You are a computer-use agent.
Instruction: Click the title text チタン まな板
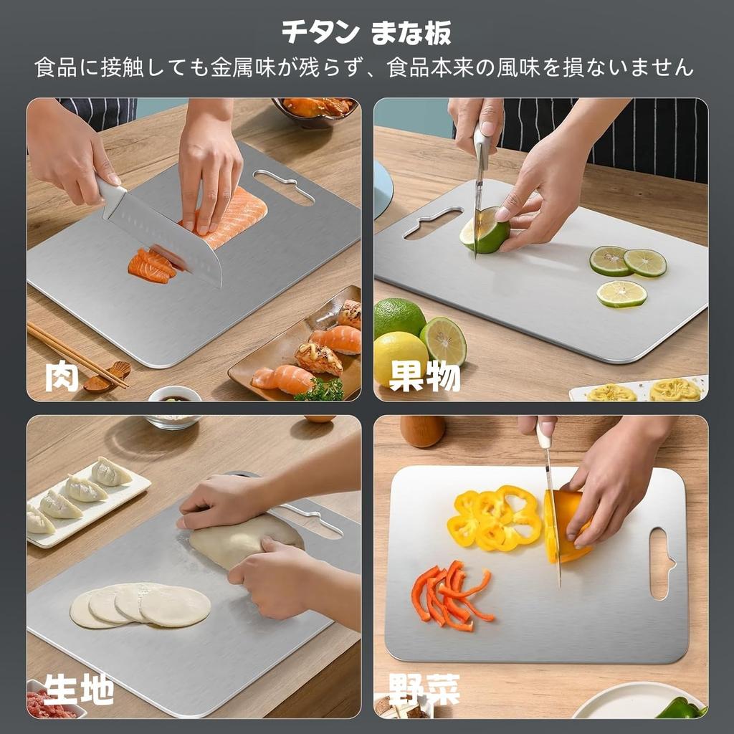point(366,32)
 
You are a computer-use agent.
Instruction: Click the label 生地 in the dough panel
point(79,690)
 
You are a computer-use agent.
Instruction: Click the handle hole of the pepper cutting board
point(662,563)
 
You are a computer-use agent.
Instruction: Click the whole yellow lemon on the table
point(400,358)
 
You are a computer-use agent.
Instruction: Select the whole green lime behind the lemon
point(399,317)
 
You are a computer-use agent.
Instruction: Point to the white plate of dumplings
point(86,497)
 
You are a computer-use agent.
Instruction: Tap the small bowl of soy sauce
point(175,395)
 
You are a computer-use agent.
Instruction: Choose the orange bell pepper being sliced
point(566,523)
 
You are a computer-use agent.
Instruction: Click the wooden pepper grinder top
point(423,430)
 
